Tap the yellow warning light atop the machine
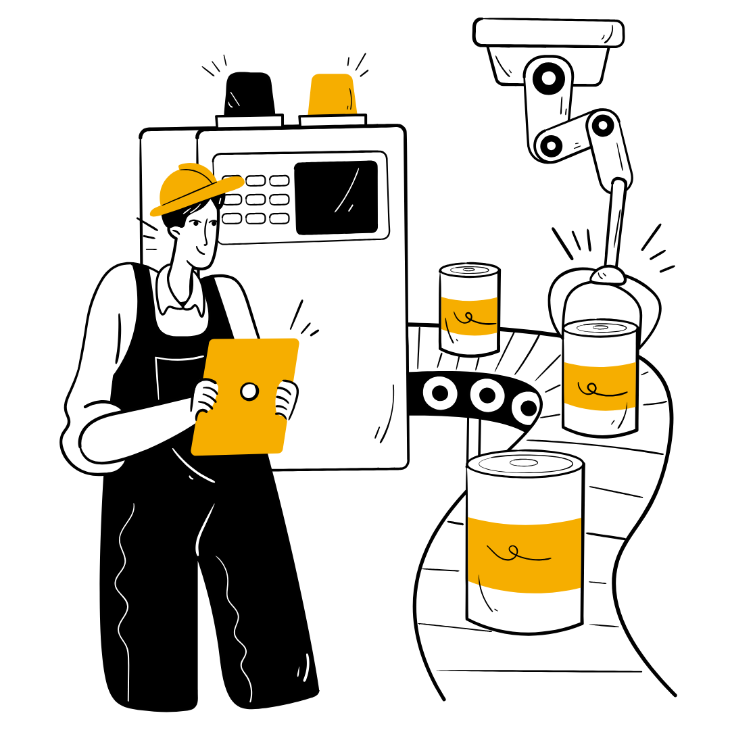pyautogui.click(x=332, y=95)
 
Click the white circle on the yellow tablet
pyautogui.click(x=249, y=391)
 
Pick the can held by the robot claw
pyautogui.click(x=600, y=379)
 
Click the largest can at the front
pyautogui.click(x=525, y=541)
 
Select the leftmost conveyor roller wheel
pyautogui.click(x=440, y=391)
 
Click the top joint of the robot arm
pyautogui.click(x=548, y=78)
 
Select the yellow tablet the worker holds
pyautogui.click(x=247, y=395)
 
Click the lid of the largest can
pyautogui.click(x=525, y=464)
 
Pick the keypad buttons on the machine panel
pyautogui.click(x=257, y=199)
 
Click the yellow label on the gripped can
pyautogui.click(x=600, y=385)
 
